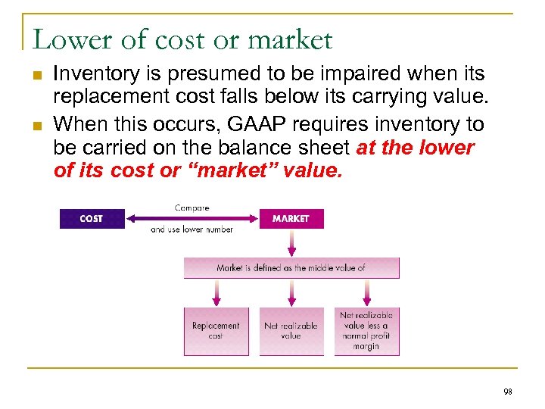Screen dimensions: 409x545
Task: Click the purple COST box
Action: [x=92, y=219]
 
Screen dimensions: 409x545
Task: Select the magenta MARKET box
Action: [x=291, y=219]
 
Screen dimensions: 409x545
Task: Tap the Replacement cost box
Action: [x=216, y=331]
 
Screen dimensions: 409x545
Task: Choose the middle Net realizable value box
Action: [x=291, y=331]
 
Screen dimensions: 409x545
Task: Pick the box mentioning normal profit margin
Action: [x=367, y=331]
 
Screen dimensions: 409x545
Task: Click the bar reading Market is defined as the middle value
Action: [x=291, y=268]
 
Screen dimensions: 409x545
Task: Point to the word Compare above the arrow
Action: [x=192, y=207]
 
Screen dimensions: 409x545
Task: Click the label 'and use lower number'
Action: [x=192, y=229]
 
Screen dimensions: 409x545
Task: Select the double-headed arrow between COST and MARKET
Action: [x=192, y=218]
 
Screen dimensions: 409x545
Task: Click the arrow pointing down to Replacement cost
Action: [x=216, y=292]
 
